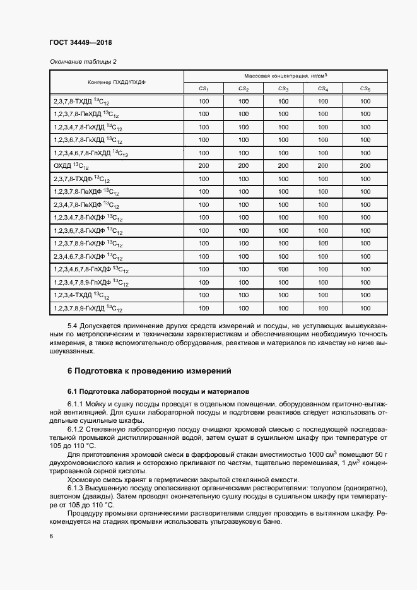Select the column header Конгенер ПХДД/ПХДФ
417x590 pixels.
116,82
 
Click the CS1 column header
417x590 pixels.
204,89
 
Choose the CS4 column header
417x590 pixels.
323,89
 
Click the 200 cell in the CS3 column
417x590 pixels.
283,165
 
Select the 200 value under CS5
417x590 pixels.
365,165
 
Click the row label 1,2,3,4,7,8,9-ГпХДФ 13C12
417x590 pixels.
91,282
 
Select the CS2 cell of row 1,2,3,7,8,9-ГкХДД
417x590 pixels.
244,308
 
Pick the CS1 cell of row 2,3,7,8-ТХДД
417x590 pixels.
204,101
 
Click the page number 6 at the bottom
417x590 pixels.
50,536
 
